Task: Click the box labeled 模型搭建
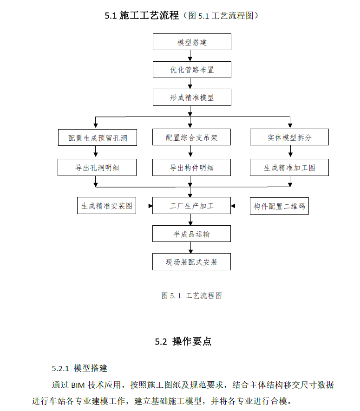pyautogui.click(x=192, y=42)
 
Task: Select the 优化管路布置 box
pyautogui.click(x=192, y=70)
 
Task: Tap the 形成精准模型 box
pyautogui.click(x=192, y=97)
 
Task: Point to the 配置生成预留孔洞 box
pyautogui.click(x=97, y=137)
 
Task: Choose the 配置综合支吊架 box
pyautogui.click(x=191, y=137)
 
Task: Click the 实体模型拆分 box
pyautogui.click(x=289, y=137)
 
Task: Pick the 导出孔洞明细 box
pyautogui.click(x=97, y=167)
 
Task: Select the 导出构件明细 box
pyautogui.click(x=191, y=167)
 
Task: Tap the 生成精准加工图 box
pyautogui.click(x=289, y=167)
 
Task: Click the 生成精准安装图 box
pyautogui.click(x=106, y=205)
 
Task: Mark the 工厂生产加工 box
pyautogui.click(x=191, y=205)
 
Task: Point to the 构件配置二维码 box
pyautogui.click(x=279, y=206)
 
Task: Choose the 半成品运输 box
pyautogui.click(x=191, y=234)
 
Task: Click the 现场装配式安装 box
pyautogui.click(x=191, y=261)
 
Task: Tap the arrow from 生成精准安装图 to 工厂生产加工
pyautogui.click(x=144, y=206)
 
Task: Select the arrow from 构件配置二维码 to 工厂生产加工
pyautogui.click(x=241, y=206)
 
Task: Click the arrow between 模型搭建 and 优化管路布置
pyautogui.click(x=190, y=56)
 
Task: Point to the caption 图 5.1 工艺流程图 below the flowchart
pyautogui.click(x=192, y=296)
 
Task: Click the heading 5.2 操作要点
pyautogui.click(x=183, y=341)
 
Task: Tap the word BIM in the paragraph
pyautogui.click(x=78, y=385)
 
